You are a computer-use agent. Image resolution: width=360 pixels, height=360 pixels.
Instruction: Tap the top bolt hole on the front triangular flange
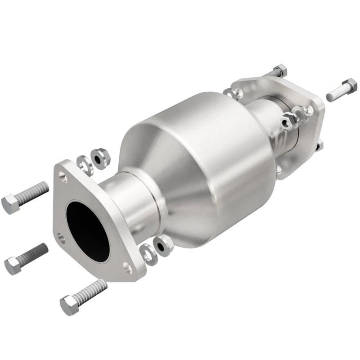click(63, 179)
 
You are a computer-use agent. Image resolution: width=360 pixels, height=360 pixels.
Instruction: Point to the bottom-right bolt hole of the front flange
click(128, 269)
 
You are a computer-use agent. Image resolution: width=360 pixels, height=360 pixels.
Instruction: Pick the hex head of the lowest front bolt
click(69, 306)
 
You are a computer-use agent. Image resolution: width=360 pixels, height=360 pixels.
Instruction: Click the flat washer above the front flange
click(84, 164)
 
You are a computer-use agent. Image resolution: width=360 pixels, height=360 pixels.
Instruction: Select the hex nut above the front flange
click(100, 157)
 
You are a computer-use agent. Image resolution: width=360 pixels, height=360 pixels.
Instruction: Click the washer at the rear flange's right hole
click(306, 111)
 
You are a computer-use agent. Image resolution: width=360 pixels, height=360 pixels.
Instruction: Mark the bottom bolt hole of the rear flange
click(279, 169)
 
